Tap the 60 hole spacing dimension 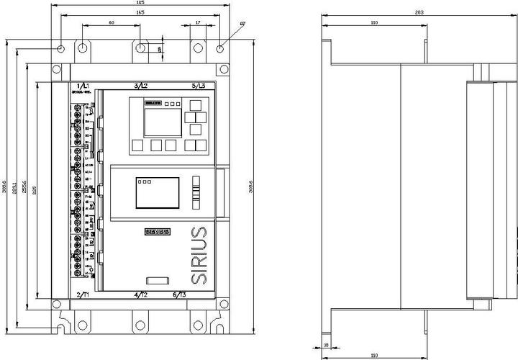[112, 23]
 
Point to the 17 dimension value [198, 23]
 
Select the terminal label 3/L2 [141, 86]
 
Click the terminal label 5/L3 [198, 86]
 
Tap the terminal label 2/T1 [83, 295]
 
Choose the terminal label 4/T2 [141, 295]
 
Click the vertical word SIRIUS [201, 256]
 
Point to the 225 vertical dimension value [36, 191]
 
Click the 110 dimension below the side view [374, 356]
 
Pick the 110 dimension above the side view [374, 23]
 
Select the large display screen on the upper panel [158, 123]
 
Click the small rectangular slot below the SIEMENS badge [158, 280]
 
